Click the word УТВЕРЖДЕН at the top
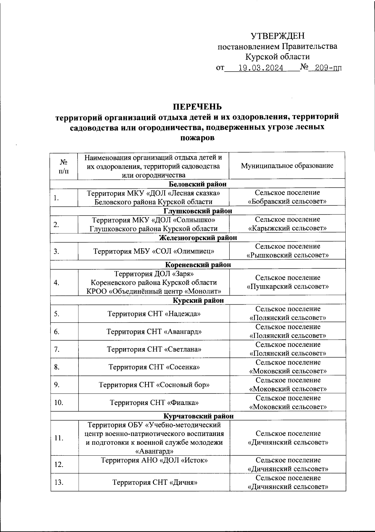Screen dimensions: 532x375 277,36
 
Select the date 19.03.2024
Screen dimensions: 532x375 261,68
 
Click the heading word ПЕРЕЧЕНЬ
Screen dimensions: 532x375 197,107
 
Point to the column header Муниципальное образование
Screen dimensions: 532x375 287,165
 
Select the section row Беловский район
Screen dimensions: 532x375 197,184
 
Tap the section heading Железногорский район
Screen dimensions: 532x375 198,238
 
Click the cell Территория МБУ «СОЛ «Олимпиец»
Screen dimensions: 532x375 154,251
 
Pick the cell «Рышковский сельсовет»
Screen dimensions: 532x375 287,255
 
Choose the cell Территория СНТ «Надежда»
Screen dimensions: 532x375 154,313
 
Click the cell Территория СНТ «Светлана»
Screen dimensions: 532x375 154,349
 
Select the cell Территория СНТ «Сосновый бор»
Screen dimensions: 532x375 154,385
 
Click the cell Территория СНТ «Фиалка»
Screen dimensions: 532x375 154,403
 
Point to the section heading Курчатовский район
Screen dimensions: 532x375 198,416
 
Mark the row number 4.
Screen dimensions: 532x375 57,282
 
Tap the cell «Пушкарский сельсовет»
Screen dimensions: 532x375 287,286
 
